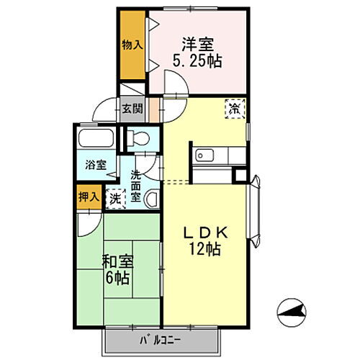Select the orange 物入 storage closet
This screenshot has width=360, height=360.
(132, 45)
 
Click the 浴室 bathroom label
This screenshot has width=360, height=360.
(96, 164)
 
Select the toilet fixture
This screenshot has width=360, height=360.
(140, 137)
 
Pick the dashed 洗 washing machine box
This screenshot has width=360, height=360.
(114, 199)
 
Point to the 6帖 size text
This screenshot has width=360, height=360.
(117, 277)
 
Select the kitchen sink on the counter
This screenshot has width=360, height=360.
(203, 154)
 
